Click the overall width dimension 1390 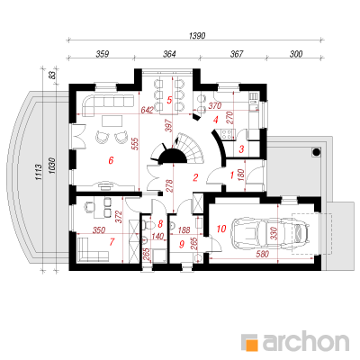(x=197, y=36)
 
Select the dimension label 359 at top (x=102, y=54)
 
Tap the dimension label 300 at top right (x=296, y=54)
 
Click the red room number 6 (x=111, y=160)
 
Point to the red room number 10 (x=221, y=229)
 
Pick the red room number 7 (x=112, y=242)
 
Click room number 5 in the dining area (x=169, y=100)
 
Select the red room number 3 (x=242, y=149)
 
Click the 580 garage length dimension (x=263, y=254)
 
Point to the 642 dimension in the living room (x=148, y=110)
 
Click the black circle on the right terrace (x=316, y=152)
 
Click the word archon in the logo (x=306, y=341)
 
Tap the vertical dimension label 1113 (x=38, y=172)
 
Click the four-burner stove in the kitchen (x=227, y=134)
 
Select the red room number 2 (x=195, y=177)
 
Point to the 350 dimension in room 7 (x=99, y=230)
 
